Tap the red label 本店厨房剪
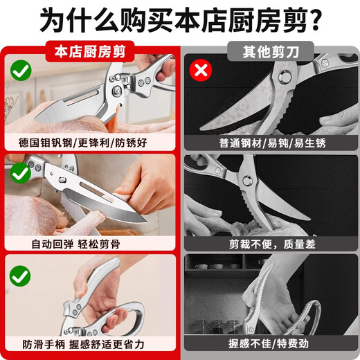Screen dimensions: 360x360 pos(90,51)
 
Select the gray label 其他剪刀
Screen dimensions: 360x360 pos(271,51)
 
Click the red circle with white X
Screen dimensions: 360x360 pos(201,70)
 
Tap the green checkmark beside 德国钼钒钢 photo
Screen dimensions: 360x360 pos(21,70)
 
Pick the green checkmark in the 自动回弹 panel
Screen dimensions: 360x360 pos(21,173)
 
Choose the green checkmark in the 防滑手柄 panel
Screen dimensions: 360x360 pos(20,276)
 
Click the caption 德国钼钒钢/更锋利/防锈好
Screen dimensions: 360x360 pos(83,143)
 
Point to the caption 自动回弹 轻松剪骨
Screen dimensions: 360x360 pos(75,244)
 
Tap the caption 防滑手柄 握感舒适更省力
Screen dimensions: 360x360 pos(83,345)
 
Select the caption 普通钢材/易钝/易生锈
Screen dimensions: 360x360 pos(272,143)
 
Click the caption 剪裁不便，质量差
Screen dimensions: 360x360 pos(272,244)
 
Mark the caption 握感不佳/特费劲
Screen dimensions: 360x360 pos(269,343)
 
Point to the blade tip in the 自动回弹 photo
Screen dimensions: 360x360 pos(145,222)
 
